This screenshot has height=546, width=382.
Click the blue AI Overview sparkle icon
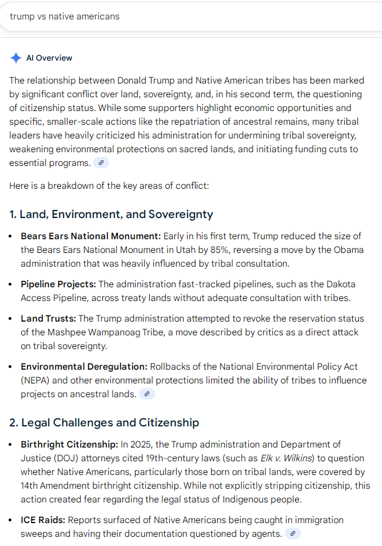(15, 58)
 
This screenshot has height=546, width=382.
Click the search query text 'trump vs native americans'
(65, 16)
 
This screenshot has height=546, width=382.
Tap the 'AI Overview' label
(49, 58)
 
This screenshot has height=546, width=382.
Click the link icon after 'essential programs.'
(101, 163)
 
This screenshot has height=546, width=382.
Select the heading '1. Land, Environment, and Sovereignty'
(111, 215)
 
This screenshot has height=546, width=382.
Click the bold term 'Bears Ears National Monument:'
(91, 236)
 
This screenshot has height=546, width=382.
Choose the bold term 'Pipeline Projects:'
(58, 284)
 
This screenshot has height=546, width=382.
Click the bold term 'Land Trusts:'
(48, 318)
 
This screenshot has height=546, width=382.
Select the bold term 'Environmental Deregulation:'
(84, 366)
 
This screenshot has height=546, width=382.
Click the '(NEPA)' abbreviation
(35, 380)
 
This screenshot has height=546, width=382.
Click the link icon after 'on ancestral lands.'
(147, 394)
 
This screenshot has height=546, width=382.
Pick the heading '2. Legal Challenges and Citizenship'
(104, 423)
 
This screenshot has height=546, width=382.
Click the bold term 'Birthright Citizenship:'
(70, 444)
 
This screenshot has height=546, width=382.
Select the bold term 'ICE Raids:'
(45, 520)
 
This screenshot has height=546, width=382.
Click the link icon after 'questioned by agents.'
(293, 533)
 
